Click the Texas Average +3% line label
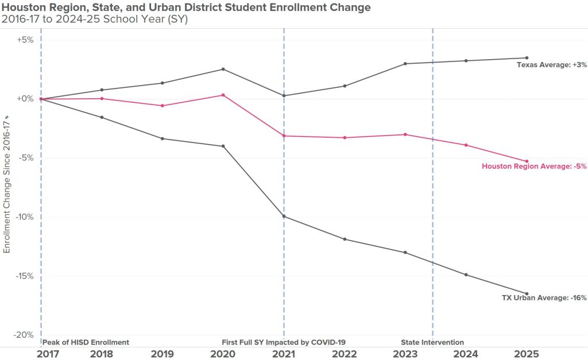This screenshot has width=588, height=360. (x=551, y=65)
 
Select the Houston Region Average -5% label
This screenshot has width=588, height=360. (x=534, y=167)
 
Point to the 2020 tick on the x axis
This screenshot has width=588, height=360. (x=223, y=354)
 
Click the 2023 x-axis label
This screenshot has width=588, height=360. (x=405, y=354)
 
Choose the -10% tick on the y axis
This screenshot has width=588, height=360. (x=25, y=217)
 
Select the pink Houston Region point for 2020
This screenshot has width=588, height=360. (x=223, y=95)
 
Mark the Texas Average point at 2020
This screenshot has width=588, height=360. (x=223, y=69)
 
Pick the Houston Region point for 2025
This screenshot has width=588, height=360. (x=527, y=161)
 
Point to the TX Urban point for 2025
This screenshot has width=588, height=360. (x=527, y=294)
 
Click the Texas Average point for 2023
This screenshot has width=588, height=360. (x=405, y=64)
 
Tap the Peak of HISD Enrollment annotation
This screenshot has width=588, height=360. (x=86, y=342)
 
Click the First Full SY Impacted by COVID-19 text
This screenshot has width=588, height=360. (x=284, y=342)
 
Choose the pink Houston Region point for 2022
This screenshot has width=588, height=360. (x=345, y=138)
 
